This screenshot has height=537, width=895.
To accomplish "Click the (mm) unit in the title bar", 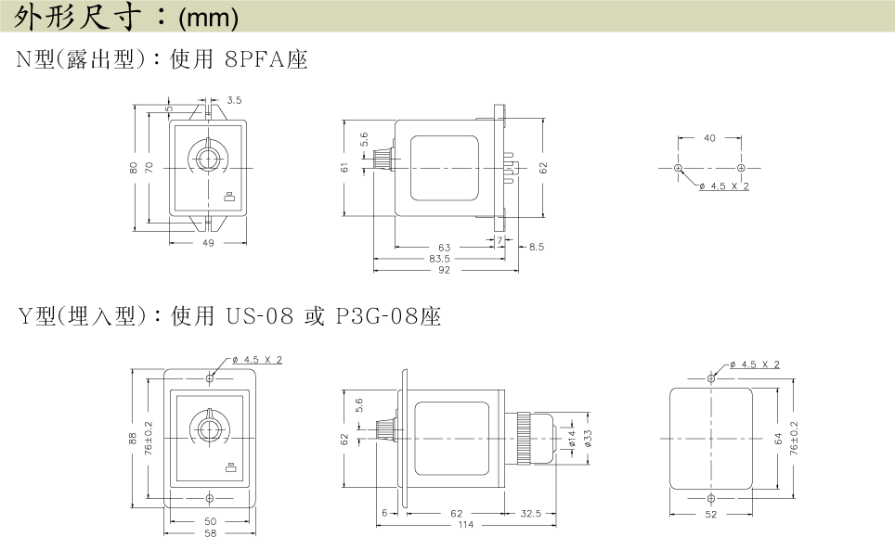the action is coord(208,18).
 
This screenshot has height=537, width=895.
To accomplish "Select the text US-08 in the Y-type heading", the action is coord(260,316).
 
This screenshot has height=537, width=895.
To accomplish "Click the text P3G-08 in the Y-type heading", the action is coord(377,316).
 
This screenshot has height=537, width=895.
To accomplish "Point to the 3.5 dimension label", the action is coord(234,100).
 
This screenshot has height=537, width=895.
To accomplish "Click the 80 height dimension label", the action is coord(134,168).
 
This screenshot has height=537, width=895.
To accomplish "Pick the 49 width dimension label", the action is coord(208,243).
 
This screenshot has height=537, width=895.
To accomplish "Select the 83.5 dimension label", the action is coord(439,259).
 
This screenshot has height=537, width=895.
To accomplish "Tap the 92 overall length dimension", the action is coord(444,270).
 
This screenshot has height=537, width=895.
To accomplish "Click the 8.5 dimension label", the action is coord(537,247).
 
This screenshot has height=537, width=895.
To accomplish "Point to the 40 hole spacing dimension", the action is coord(709,138).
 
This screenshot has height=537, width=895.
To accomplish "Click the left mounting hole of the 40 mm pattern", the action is coord(678,168).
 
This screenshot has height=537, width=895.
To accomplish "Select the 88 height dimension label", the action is coord(133,439).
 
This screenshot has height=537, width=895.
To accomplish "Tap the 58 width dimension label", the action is coord(210,532).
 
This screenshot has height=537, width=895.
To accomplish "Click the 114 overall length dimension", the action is coord(466,524).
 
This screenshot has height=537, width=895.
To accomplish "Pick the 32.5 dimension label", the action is coord(531,514).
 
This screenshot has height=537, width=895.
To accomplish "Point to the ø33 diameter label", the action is coord(588,438).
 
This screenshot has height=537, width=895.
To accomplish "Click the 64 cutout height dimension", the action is coord(778,439).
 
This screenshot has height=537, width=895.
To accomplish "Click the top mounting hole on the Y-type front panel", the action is coord(210,378).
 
